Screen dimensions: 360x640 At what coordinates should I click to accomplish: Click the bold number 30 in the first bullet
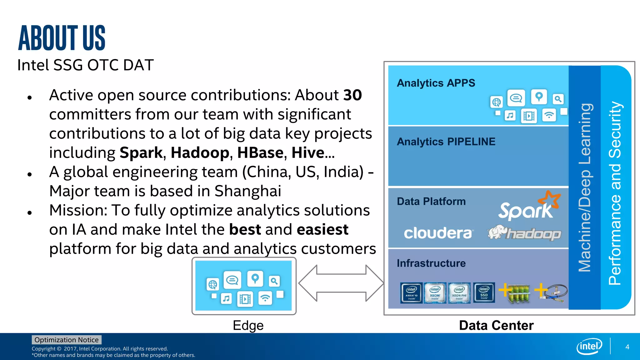352,95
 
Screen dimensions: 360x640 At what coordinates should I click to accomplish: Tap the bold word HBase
260,153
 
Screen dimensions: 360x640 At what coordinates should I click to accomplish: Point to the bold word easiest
322,230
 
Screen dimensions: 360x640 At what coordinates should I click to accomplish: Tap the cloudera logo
438,233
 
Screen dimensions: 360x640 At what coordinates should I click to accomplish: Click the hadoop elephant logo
524,233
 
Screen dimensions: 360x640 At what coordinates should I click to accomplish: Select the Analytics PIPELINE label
446,142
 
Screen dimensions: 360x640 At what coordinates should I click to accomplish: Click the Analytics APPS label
436,83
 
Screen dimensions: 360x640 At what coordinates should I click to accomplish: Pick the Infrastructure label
431,263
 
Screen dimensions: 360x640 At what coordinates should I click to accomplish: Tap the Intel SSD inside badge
484,292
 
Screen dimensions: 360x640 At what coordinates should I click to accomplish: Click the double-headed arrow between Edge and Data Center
341,283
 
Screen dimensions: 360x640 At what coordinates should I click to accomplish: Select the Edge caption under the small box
248,325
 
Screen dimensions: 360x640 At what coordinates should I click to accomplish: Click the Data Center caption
496,325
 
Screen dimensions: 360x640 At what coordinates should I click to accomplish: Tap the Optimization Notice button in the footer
66,340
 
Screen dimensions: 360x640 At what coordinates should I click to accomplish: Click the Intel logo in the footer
589,346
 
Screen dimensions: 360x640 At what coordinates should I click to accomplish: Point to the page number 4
627,347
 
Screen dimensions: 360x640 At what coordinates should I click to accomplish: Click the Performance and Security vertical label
615,193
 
